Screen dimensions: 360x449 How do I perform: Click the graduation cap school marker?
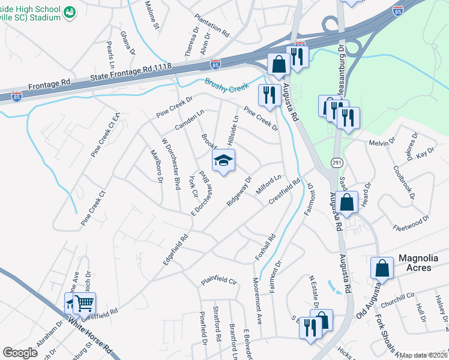click(223, 161)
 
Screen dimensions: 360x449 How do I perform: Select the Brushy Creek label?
click(226, 86)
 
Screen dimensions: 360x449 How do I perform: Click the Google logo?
click(20, 352)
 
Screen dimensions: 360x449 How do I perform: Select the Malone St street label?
click(152, 15)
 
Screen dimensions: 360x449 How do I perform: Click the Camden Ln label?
click(189, 119)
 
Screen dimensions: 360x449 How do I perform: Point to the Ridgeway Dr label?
click(238, 191)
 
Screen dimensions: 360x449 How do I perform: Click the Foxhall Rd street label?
click(265, 247)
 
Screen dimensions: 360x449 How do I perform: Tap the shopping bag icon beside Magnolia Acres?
click(382, 268)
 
